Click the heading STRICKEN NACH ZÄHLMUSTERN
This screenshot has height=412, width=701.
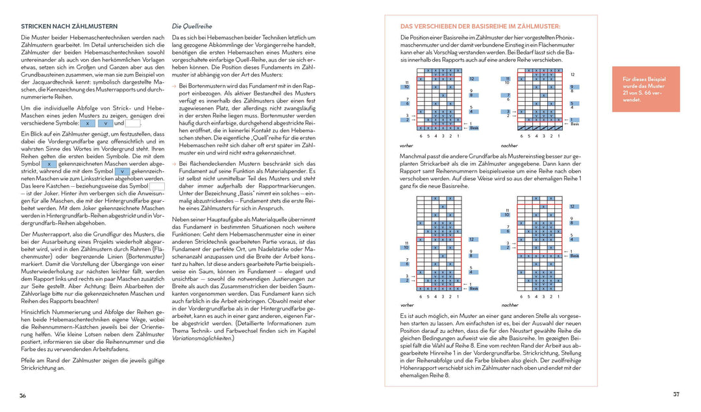coord(64,27)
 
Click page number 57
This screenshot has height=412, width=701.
coord(676,394)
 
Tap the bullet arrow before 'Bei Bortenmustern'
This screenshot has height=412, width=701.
coord(174,86)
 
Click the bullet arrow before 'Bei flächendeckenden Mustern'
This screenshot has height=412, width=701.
coord(174,164)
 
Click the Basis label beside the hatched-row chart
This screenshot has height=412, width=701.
coord(575,256)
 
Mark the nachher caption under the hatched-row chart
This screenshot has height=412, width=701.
coord(510,305)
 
